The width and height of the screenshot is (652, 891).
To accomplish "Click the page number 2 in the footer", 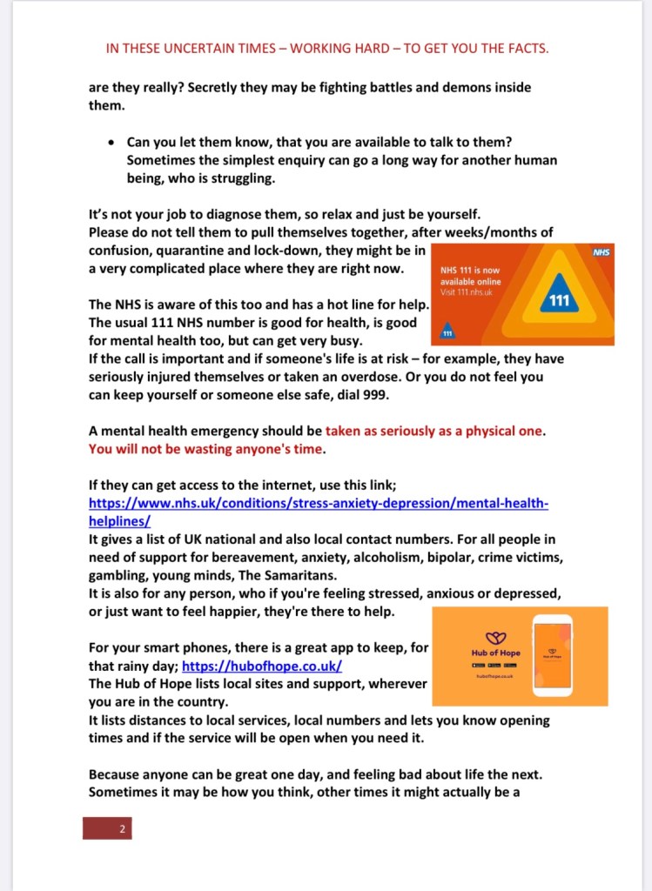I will (x=122, y=829).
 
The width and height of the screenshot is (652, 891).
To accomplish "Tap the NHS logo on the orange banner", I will (x=601, y=252).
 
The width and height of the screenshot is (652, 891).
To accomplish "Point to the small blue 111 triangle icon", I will (x=447, y=332).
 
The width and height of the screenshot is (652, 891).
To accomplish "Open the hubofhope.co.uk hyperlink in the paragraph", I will (x=261, y=667).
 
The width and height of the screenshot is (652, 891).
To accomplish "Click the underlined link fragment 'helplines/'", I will (x=120, y=521).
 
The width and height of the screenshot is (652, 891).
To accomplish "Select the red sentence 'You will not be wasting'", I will (x=205, y=449).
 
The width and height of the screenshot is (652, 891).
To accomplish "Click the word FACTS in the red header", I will (x=523, y=49).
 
